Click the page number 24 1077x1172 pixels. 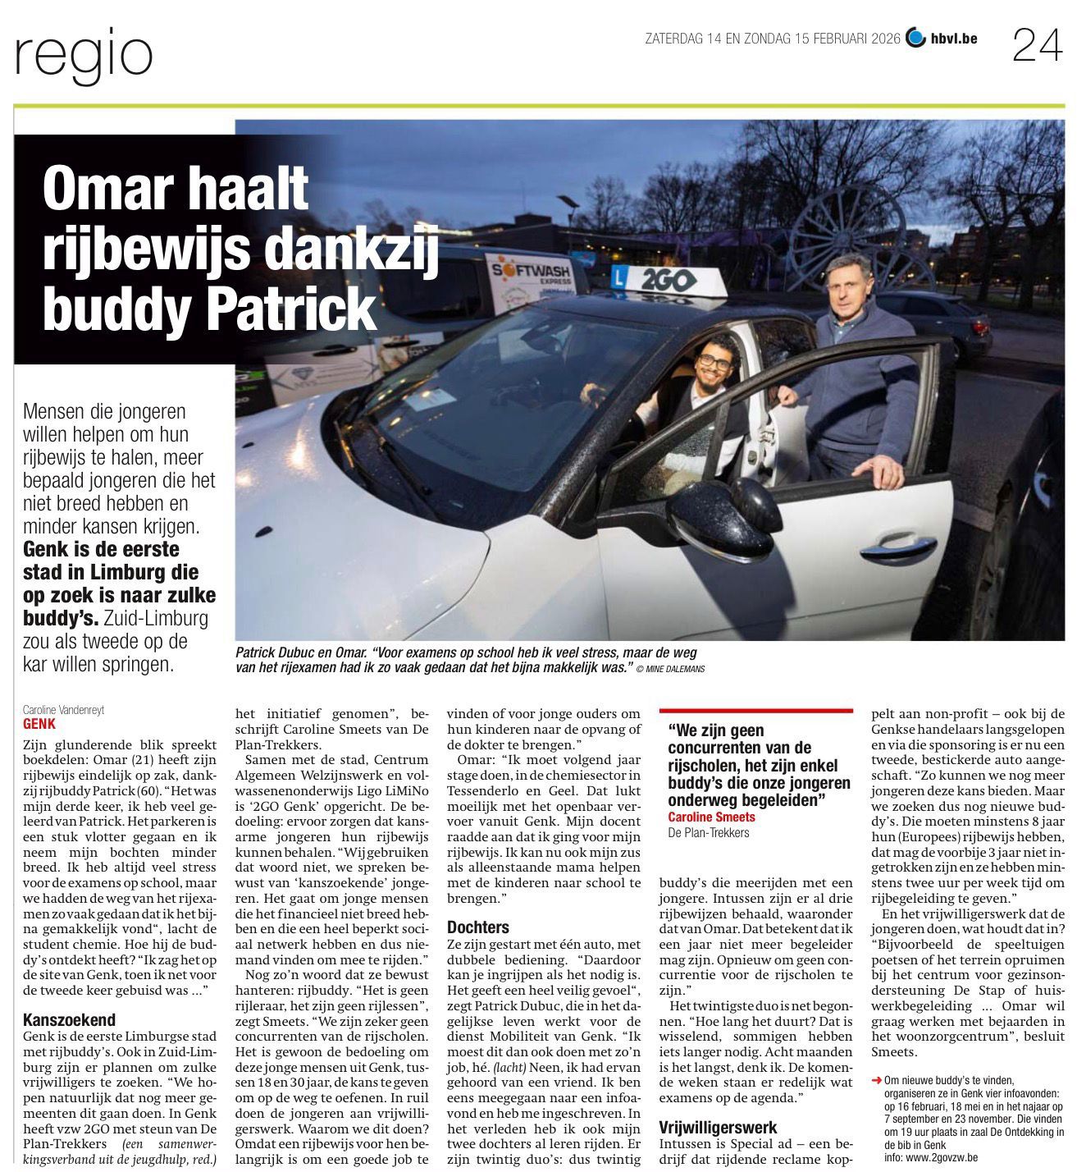(1037, 45)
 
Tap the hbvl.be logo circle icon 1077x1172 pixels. (915, 38)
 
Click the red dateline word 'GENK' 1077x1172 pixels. (39, 725)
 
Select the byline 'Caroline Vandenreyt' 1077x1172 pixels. (63, 710)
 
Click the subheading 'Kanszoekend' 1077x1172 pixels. (70, 1020)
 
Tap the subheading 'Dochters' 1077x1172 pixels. (478, 927)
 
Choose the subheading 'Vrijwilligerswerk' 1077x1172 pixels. (718, 1128)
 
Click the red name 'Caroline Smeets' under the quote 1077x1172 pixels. (711, 817)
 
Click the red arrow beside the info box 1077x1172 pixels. (877, 1080)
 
